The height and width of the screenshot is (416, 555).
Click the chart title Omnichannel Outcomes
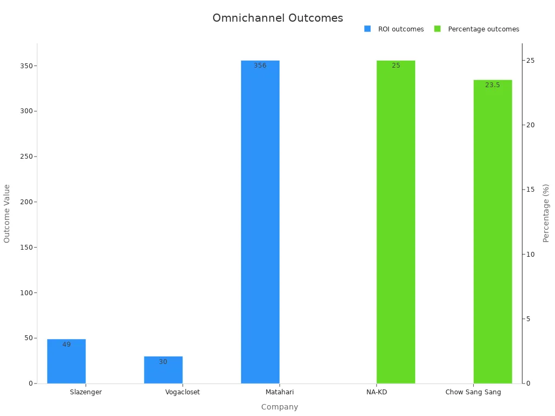pos(277,18)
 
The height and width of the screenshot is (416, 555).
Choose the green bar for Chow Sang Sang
pos(493,233)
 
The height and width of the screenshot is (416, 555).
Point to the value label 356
pos(260,66)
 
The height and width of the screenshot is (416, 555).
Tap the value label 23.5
pos(493,85)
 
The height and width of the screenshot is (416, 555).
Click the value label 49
pos(66,344)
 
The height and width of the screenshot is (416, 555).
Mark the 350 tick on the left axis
pos(24,66)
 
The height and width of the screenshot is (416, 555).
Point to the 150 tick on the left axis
pos(24,247)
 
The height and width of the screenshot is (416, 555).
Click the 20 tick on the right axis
pos(531,125)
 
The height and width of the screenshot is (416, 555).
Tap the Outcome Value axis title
pos(7,213)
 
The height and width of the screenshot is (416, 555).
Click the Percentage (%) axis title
pos(546,213)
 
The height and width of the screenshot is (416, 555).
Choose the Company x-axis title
pos(280,407)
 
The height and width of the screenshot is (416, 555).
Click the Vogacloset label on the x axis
pos(183,392)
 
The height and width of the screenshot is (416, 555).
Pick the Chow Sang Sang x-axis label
pos(473,392)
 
